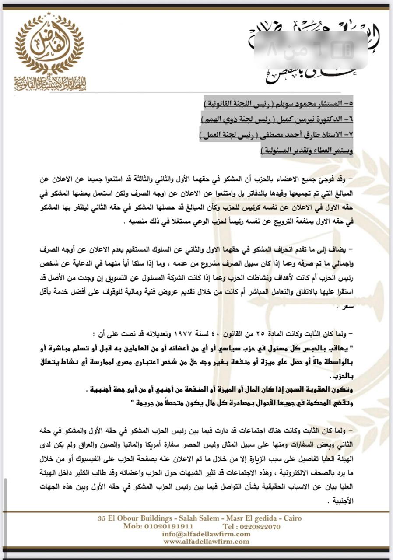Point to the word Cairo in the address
click(x=291, y=518)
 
